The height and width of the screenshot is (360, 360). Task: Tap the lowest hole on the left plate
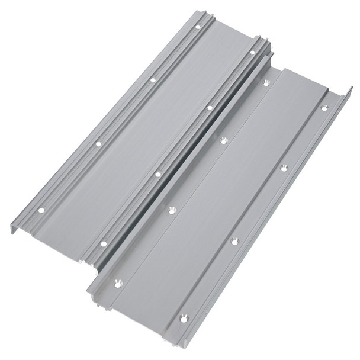(104, 243)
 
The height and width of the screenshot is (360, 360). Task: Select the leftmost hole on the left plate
(41, 210)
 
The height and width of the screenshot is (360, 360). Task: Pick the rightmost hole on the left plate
(253, 52)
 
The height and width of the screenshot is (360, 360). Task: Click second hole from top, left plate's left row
(153, 80)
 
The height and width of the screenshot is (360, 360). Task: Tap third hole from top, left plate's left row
(98, 143)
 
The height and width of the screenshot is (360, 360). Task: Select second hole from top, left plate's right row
(210, 108)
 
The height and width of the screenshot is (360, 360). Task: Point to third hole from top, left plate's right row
(157, 174)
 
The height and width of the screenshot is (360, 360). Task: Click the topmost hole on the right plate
(266, 83)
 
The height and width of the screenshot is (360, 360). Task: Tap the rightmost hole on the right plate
(324, 108)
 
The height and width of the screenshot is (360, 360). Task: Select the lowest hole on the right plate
(184, 318)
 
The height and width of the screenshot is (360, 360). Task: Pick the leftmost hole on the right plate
(118, 283)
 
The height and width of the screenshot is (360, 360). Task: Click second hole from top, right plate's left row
(223, 140)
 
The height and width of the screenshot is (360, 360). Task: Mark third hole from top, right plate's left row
(172, 210)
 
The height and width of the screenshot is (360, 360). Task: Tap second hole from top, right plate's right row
(284, 168)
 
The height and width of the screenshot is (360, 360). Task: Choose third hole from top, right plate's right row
(234, 240)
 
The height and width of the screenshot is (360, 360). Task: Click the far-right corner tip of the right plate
(351, 88)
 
